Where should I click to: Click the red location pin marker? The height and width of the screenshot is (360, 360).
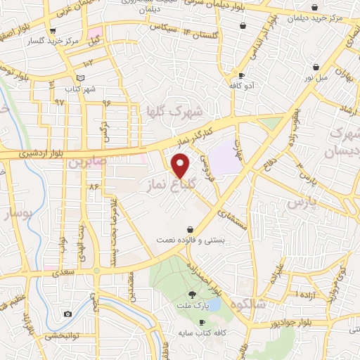point(181,165)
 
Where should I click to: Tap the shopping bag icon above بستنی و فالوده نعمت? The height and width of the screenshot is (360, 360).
point(191,229)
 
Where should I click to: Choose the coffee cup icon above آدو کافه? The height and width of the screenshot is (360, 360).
point(242,75)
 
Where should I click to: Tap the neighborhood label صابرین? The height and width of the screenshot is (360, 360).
point(86,162)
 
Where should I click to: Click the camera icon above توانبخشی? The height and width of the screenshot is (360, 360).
point(67,314)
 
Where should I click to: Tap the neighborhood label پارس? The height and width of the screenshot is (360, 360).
point(302,201)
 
